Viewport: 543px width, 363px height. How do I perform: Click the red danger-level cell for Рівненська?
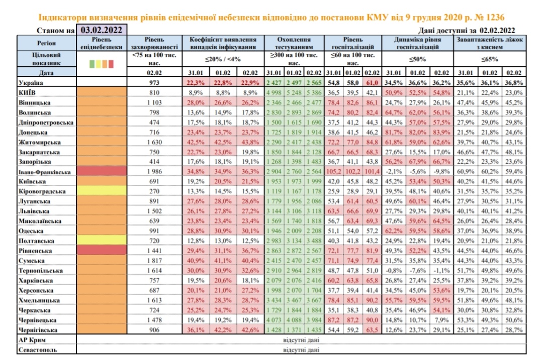coord(103,250)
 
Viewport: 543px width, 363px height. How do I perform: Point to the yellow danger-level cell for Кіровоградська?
coord(103,191)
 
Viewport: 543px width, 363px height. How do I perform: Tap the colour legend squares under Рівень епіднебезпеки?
coord(103,64)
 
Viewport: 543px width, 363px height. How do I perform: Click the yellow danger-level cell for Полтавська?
coord(103,240)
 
